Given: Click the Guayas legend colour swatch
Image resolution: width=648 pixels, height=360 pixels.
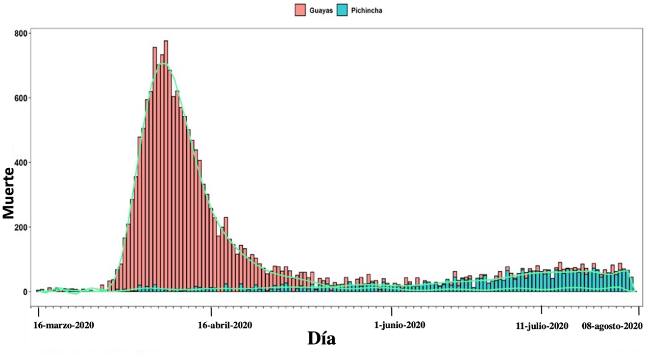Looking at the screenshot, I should [x=300, y=10].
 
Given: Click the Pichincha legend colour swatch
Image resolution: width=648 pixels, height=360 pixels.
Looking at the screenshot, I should [x=342, y=10].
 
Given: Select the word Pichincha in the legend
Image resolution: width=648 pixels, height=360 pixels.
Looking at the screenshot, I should [x=367, y=10].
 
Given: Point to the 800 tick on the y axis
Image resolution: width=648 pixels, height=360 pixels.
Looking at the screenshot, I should [x=22, y=33].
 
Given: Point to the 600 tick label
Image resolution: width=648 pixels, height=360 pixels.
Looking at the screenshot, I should [x=22, y=98].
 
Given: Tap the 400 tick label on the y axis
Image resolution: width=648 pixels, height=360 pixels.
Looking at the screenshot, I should [x=22, y=163].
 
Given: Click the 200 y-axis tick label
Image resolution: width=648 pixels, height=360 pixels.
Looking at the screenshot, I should [x=22, y=227].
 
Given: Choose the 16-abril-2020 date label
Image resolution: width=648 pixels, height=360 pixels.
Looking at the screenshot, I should [x=225, y=325].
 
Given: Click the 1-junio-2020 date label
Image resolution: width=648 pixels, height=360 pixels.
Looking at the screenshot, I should [x=399, y=325].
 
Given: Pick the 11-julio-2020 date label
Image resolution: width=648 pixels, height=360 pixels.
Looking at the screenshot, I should [x=542, y=325].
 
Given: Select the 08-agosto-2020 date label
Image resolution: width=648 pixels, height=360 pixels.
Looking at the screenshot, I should [x=612, y=325].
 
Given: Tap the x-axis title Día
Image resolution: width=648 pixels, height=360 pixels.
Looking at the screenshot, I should [x=321, y=338].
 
